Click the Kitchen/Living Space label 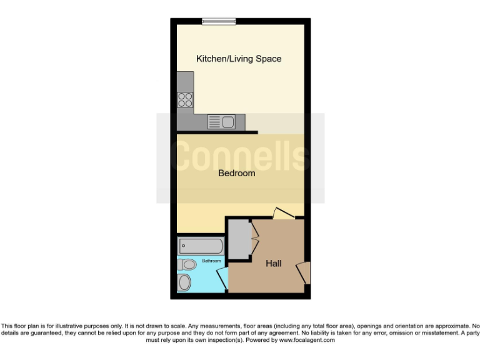pos(239,59)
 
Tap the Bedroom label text pos(236,173)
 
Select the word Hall pos(273,264)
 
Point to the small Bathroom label pos(211,261)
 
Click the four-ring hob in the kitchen pos(185,99)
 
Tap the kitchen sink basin pos(227,122)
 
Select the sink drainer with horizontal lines pos(214,122)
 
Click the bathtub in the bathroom pos(200,245)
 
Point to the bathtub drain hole pos(183,245)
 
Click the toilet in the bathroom pos(186,265)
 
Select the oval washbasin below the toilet pos(184,282)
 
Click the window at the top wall pos(219,22)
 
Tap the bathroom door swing pos(222,279)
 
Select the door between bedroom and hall pos(283,213)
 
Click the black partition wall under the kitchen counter pos(217,132)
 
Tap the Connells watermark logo pos(240,156)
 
